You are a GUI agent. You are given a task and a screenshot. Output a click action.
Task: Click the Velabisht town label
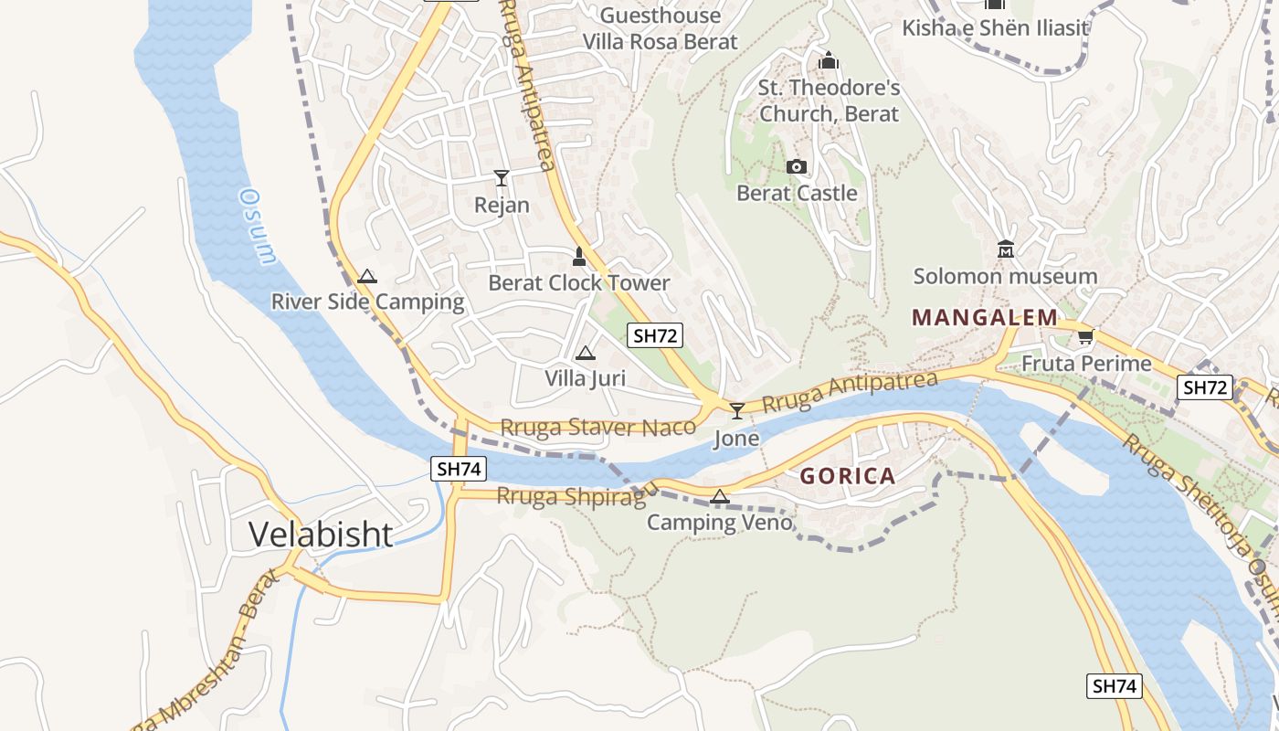coord(321,535)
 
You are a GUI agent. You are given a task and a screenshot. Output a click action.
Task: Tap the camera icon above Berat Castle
coord(797,166)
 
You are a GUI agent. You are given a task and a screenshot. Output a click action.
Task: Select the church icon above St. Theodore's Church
coord(829,61)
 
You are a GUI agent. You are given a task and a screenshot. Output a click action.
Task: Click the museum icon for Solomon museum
coord(1006,249)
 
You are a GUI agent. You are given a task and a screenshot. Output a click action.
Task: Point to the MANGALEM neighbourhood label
coord(985,318)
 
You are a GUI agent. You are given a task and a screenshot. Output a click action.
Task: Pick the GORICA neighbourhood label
coord(848,476)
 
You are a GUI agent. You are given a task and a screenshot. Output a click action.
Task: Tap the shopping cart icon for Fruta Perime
coord(1085,336)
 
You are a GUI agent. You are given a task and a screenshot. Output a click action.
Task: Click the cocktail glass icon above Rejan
coord(502,177)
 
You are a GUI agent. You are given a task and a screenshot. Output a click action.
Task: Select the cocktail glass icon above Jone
coord(736,411)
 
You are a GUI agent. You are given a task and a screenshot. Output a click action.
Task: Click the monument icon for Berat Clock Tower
coord(578,256)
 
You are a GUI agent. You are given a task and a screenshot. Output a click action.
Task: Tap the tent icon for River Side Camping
coord(367,276)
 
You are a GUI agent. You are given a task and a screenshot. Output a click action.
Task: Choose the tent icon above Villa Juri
coord(586,353)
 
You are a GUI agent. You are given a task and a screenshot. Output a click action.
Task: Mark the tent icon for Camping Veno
coord(720,497)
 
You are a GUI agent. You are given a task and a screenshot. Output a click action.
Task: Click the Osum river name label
coord(257,226)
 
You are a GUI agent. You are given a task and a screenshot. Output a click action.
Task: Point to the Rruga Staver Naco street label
coord(598,427)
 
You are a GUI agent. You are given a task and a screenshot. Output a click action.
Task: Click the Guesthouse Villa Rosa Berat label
coord(660,28)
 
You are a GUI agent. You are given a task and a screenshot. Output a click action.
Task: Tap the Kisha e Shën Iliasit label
coord(995,27)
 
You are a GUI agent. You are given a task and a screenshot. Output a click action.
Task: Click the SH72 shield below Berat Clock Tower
coord(655,335)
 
